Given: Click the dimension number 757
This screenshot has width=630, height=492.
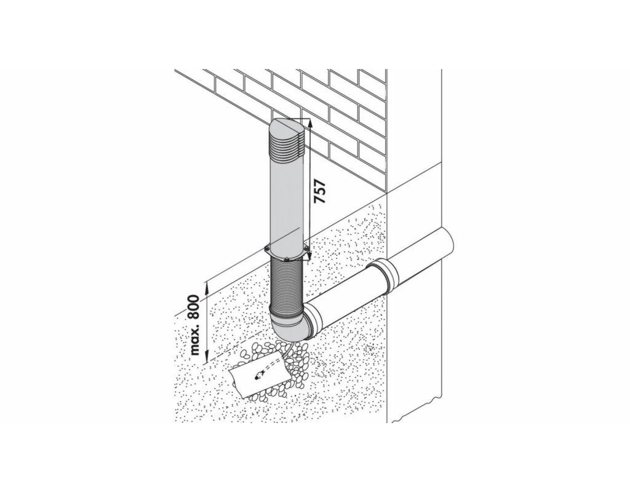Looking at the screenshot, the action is pyautogui.click(x=319, y=192).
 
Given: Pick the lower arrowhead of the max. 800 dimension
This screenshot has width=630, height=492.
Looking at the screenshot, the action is pyautogui.click(x=207, y=357).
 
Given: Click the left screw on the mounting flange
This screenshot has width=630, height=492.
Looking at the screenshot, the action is pyautogui.click(x=266, y=250).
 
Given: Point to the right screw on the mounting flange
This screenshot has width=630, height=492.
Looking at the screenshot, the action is pyautogui.click(x=306, y=250).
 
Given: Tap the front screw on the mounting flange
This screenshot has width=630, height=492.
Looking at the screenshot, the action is pyautogui.click(x=287, y=260).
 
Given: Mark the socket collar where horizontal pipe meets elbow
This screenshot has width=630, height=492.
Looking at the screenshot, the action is pyautogui.click(x=313, y=320).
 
